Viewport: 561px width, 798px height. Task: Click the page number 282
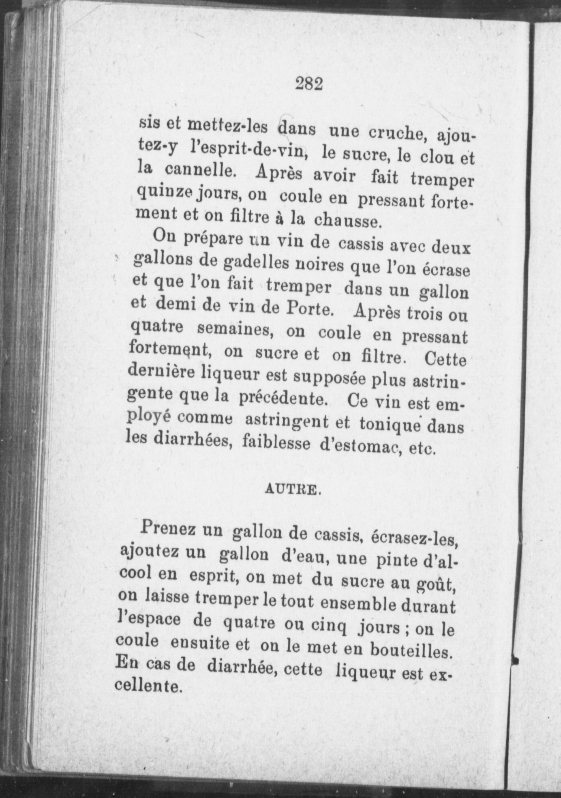coord(309,84)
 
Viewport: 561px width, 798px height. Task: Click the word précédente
coord(283,398)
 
